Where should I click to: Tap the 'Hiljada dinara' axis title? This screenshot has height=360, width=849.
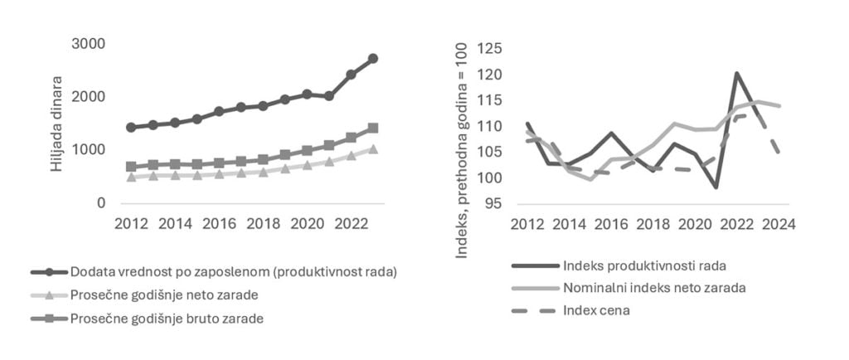(56, 125)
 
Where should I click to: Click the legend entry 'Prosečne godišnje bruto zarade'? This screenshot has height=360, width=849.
(167, 318)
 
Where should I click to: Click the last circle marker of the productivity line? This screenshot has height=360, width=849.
(373, 58)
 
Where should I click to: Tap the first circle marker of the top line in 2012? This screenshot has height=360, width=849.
(130, 127)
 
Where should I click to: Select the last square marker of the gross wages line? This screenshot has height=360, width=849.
(373, 128)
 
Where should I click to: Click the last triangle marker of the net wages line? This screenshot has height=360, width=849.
(373, 149)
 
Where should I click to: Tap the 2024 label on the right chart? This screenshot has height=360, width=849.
(779, 224)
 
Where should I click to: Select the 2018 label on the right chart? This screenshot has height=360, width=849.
(653, 224)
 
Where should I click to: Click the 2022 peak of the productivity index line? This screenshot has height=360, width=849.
(736, 73)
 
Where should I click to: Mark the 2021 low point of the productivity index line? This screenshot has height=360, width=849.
(716, 187)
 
